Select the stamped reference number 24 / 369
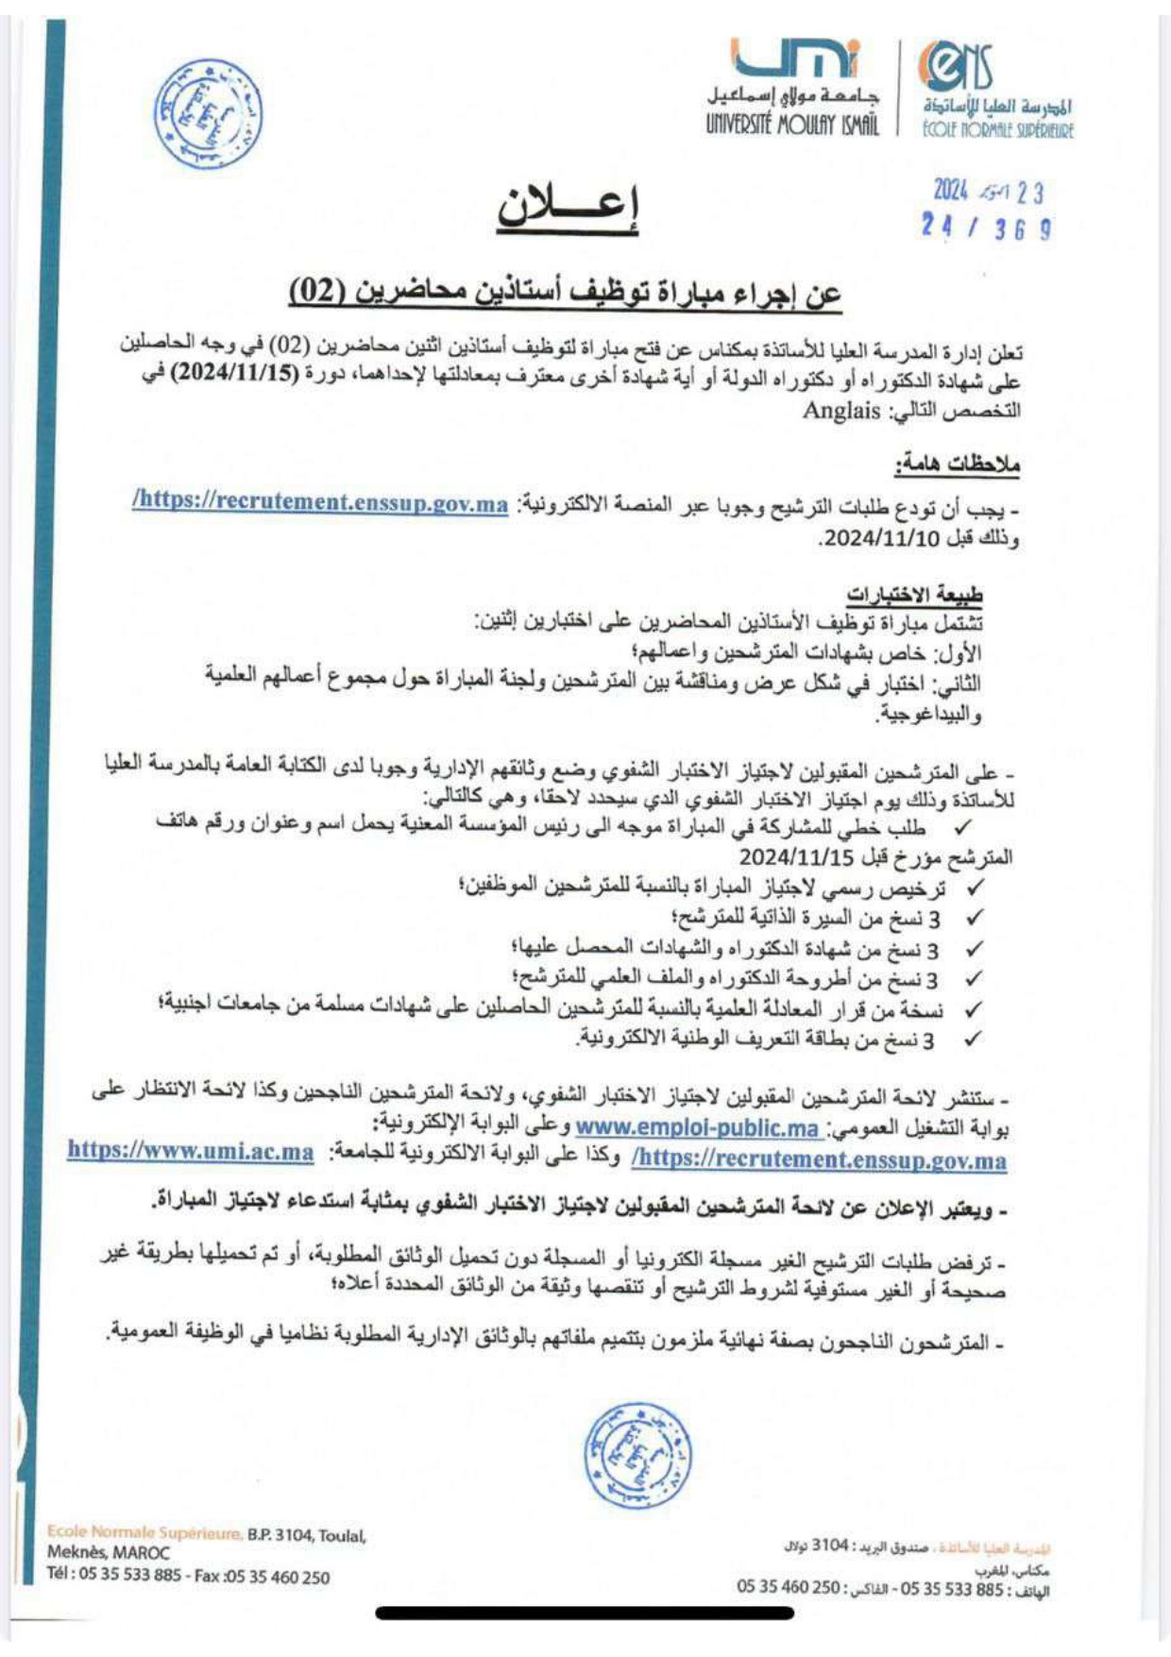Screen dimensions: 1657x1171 coord(987,228)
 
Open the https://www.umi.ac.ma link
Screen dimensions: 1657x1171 coord(191,1151)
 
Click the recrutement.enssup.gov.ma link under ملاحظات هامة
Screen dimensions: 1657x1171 coord(321,502)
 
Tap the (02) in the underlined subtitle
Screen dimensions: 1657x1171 coord(315,291)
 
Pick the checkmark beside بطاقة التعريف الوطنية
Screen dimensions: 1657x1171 coord(973,1040)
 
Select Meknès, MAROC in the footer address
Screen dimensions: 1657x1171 coord(109,1551)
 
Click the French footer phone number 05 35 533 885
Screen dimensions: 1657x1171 coord(129,1575)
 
